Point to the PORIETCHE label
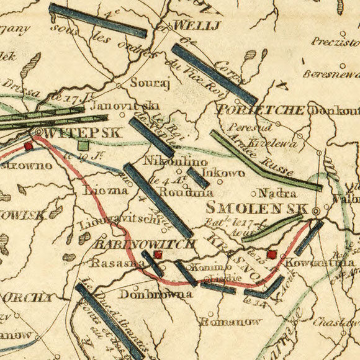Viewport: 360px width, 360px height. (261, 110)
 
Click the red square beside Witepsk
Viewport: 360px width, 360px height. (28, 146)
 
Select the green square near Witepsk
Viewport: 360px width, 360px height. (83, 145)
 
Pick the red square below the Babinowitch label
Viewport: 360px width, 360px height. (158, 254)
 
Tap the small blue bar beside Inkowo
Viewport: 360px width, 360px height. (198, 178)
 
